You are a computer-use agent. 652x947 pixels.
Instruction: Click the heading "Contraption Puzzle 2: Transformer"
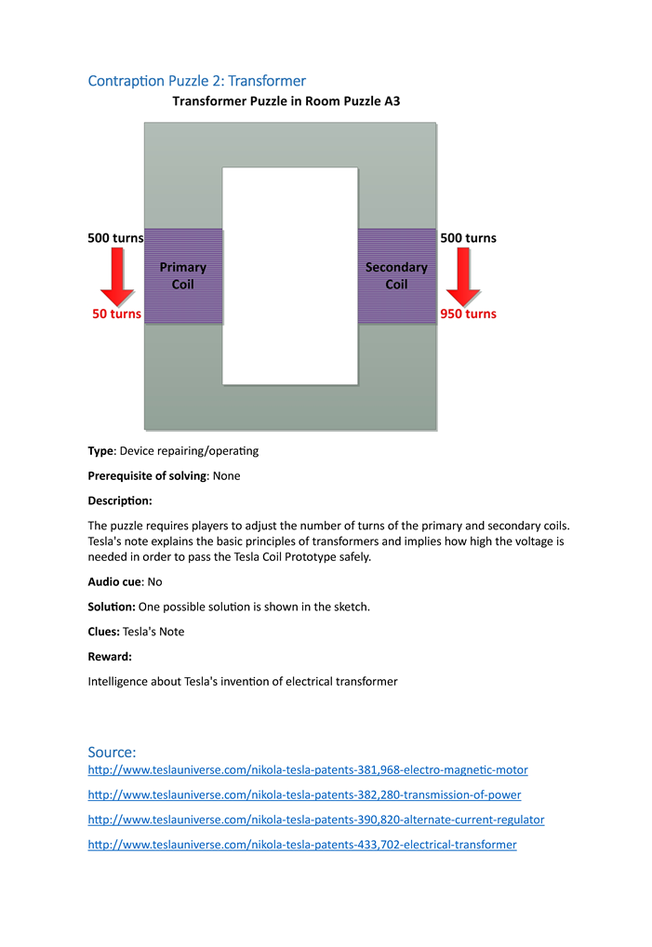[x=196, y=81]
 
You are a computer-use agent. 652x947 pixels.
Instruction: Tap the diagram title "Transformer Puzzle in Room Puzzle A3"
[x=286, y=100]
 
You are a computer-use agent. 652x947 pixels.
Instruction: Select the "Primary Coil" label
[x=183, y=275]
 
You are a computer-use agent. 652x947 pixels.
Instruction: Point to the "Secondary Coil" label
[x=396, y=275]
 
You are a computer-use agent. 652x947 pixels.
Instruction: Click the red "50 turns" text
[x=116, y=313]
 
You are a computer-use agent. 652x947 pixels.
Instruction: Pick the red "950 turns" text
[x=468, y=313]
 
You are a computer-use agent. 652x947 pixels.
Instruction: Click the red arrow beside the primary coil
[x=118, y=276]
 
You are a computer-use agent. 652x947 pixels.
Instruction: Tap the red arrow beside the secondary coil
[x=463, y=276]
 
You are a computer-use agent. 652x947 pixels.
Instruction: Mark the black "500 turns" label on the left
[x=115, y=238]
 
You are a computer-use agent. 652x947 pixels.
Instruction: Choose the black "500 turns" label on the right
[x=468, y=238]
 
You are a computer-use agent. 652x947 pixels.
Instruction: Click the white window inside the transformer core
[x=290, y=275]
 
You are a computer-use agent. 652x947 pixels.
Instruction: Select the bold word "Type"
[x=100, y=451]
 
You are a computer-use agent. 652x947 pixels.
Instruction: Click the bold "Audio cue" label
[x=115, y=581]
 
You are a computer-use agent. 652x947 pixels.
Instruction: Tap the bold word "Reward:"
[x=110, y=657]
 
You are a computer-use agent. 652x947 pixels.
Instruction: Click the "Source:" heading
[x=112, y=752]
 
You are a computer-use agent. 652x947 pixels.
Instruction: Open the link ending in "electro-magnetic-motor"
[x=308, y=770]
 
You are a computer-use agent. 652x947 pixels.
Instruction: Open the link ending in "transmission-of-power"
[x=304, y=795]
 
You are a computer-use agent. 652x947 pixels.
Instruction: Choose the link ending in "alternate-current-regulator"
[x=316, y=820]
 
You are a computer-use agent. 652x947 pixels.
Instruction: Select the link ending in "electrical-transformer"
[x=302, y=845]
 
